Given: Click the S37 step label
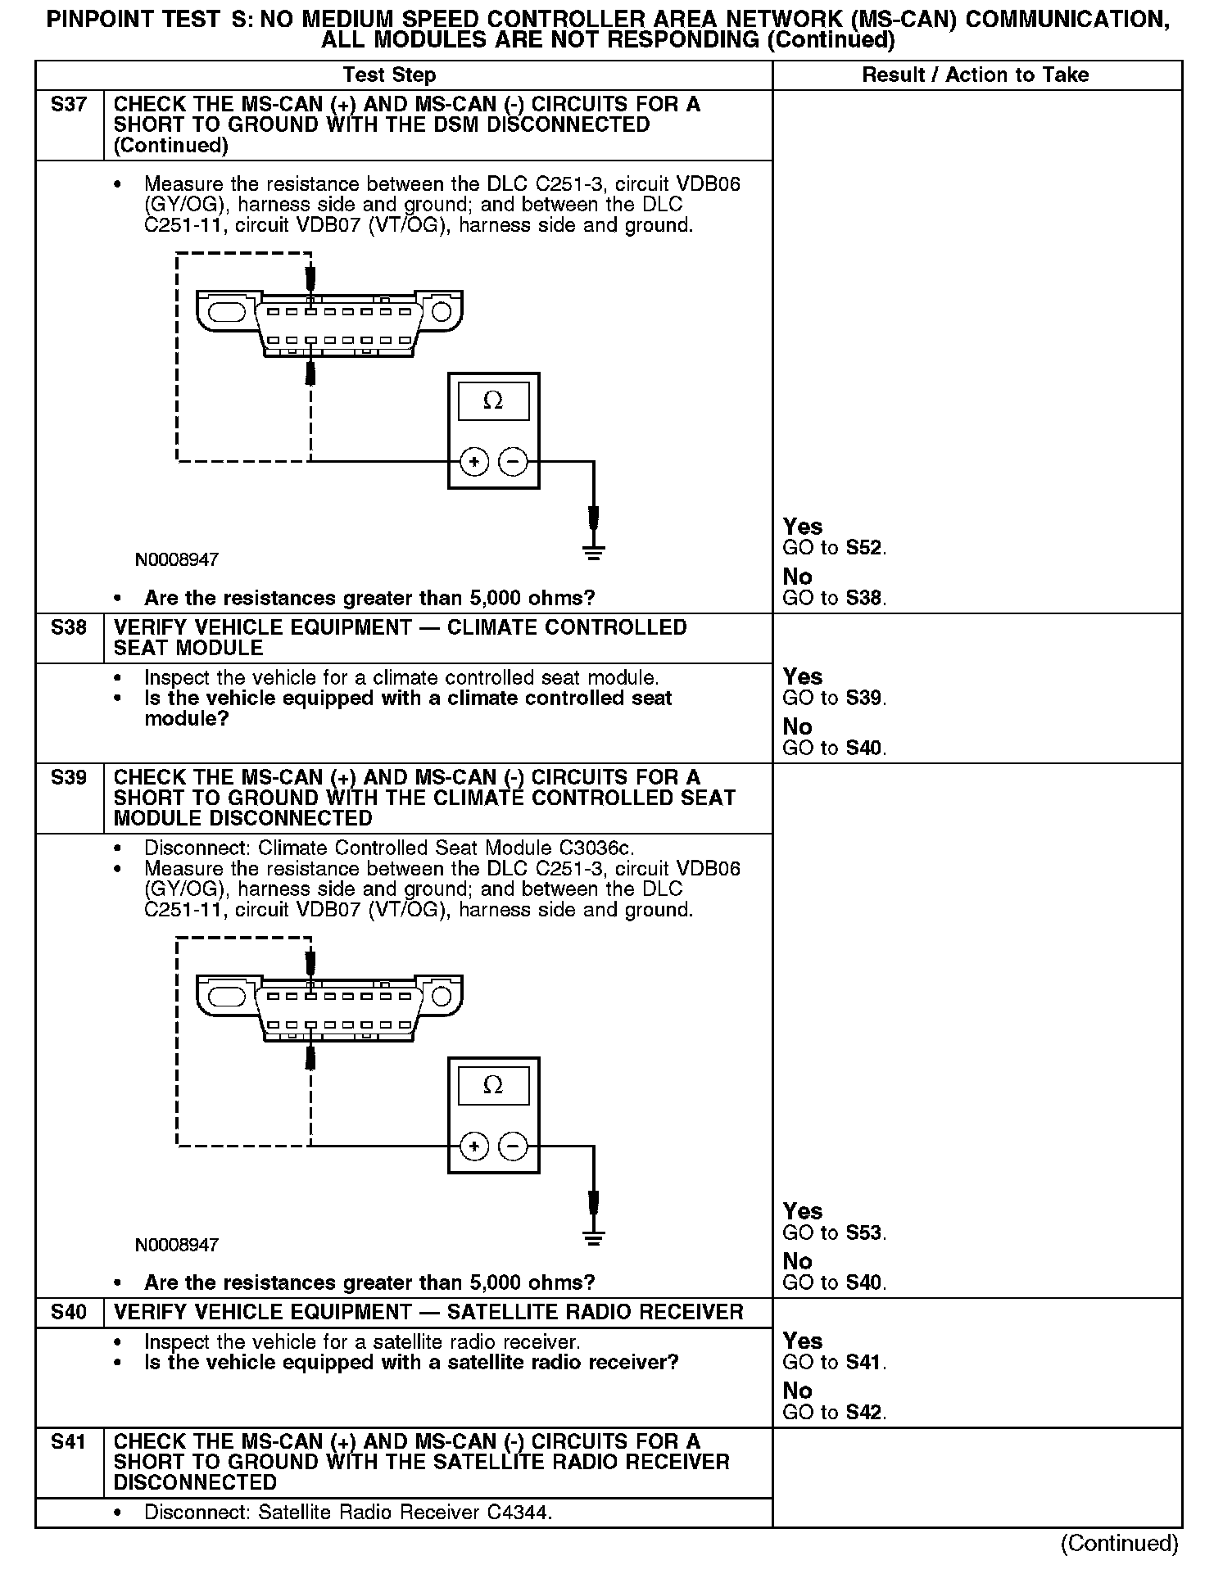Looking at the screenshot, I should point(69,105).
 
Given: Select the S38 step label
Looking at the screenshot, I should point(69,628).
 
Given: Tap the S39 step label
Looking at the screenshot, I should point(69,778).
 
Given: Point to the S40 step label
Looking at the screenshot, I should point(69,1313).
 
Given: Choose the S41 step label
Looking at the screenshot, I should point(69,1442).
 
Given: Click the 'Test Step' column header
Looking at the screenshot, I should point(389,75).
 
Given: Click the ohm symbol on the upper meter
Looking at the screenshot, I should point(493,401).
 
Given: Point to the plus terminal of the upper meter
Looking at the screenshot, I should point(474,463).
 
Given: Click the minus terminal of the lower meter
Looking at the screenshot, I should point(514,1147).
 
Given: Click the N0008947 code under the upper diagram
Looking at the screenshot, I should point(177,561).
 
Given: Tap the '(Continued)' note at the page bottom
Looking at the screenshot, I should point(1119,1544).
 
